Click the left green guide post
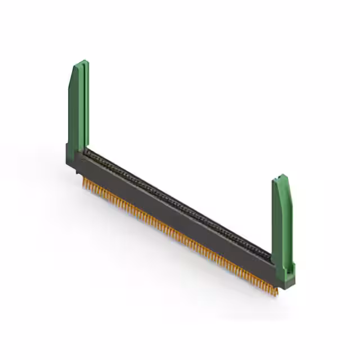(x=78, y=107)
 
